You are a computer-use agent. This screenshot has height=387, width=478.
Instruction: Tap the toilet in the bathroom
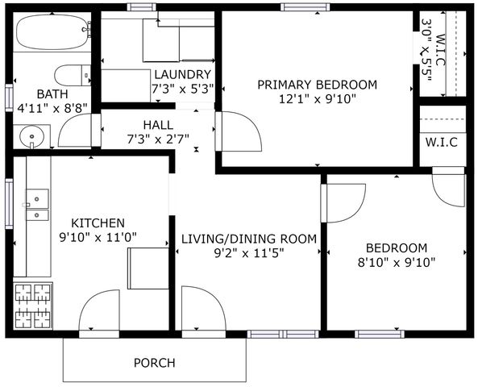[74, 74]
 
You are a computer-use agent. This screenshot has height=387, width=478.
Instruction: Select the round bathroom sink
[33, 136]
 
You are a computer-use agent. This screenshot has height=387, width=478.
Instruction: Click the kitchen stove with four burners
[33, 306]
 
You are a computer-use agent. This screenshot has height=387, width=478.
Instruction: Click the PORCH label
[154, 363]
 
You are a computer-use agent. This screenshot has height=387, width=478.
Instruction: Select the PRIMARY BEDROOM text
[317, 85]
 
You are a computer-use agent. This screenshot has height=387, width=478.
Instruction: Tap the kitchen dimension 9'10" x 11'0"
[98, 238]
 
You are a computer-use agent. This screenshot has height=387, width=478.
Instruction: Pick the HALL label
[157, 124]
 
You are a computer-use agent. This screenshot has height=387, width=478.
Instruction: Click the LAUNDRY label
[182, 75]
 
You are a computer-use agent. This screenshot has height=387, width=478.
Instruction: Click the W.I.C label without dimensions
[441, 143]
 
